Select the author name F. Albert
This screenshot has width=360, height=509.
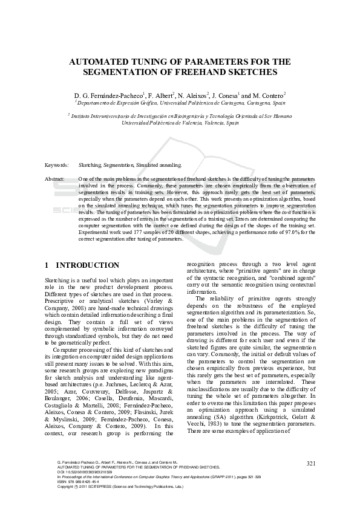160,96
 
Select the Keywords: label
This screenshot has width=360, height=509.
56,164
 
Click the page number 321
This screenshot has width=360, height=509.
311,463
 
